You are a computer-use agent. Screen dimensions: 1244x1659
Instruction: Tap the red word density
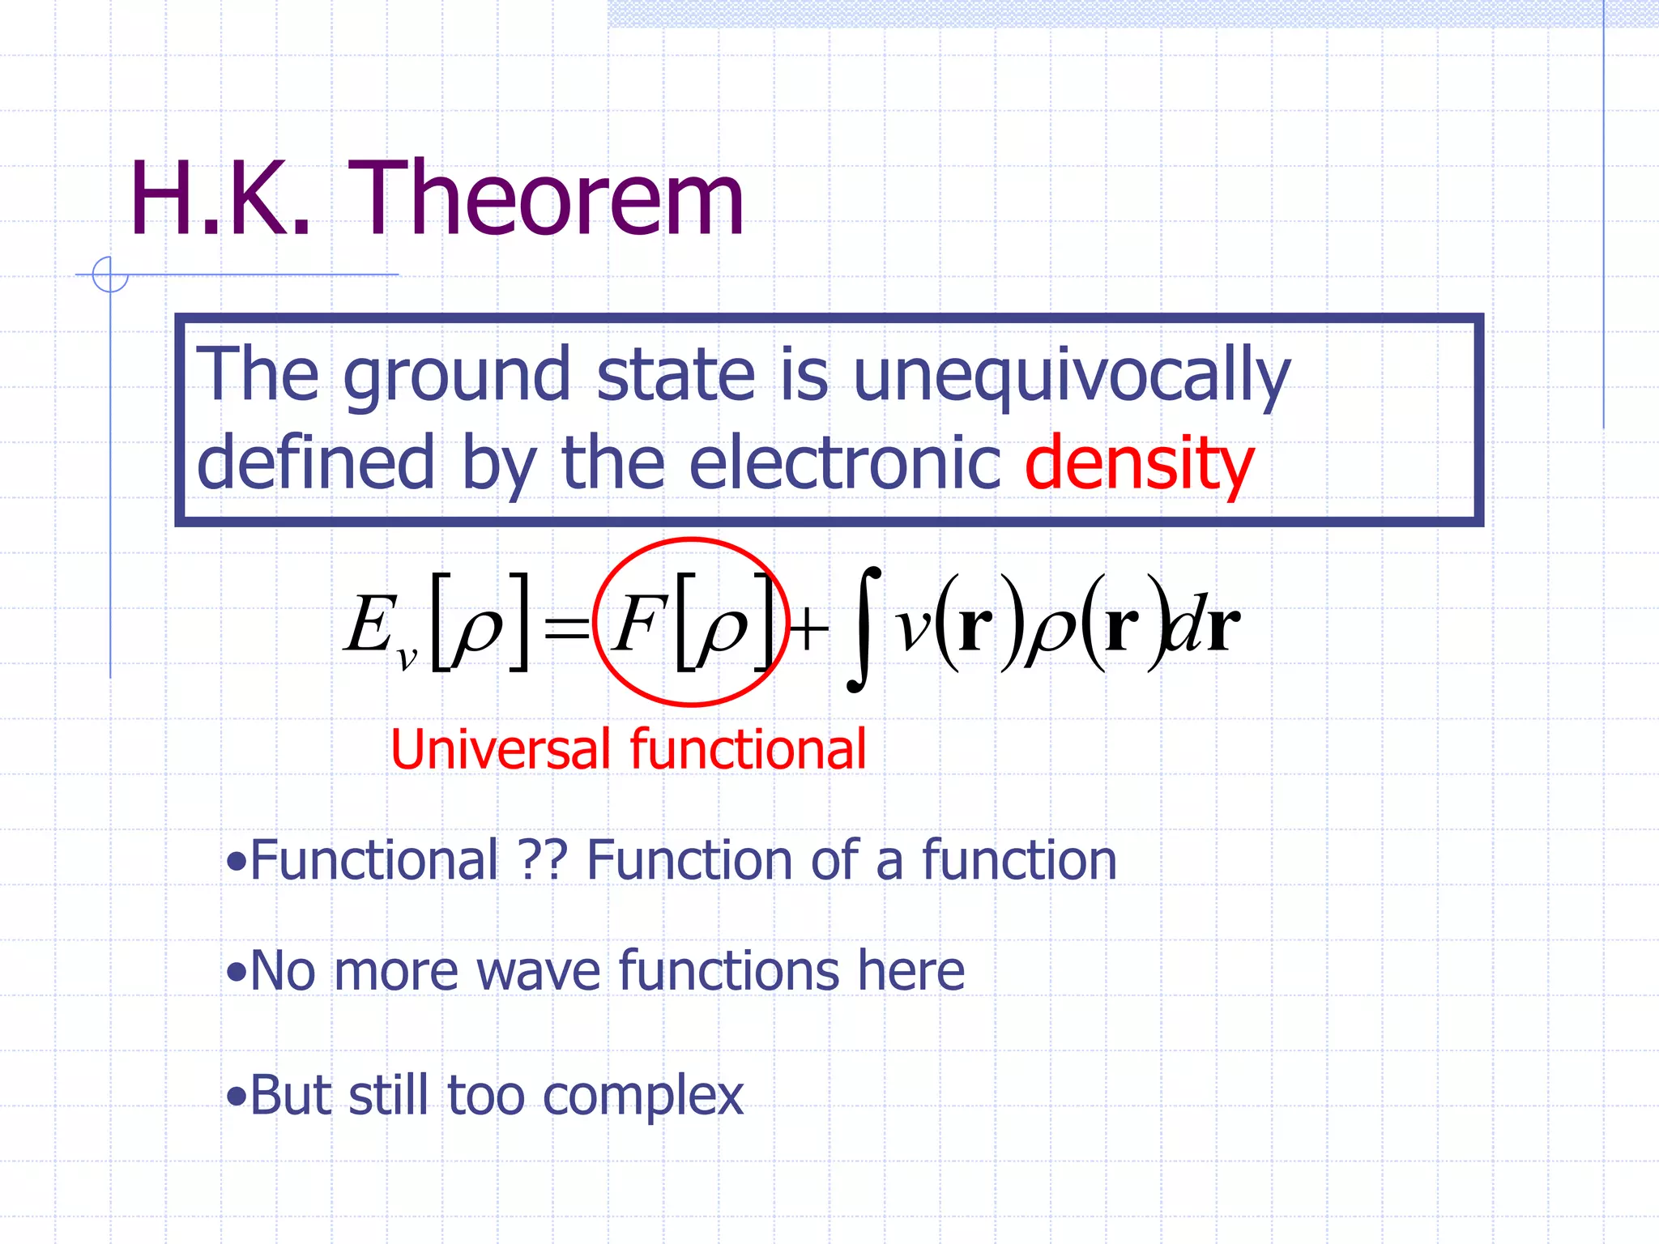pos(1139,463)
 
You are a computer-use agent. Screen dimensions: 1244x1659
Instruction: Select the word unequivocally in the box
pos(1071,375)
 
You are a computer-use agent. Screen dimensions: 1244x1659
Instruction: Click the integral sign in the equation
pos(864,629)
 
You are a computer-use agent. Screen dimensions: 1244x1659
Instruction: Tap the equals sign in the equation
pos(566,628)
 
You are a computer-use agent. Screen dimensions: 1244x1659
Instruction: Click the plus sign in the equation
pos(809,629)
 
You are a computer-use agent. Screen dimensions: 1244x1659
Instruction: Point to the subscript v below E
pos(407,658)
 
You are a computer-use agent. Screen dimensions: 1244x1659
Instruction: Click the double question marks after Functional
pos(542,860)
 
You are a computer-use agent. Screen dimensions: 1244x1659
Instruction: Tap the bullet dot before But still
pos(236,1097)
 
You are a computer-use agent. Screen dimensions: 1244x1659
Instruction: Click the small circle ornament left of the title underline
pos(110,275)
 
